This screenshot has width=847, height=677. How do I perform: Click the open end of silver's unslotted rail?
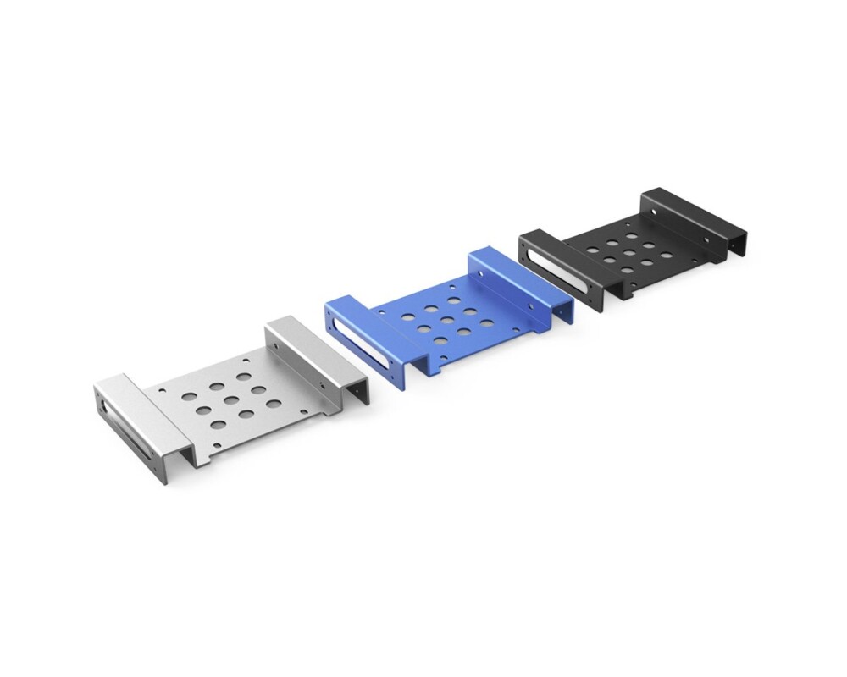pos(360,391)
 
